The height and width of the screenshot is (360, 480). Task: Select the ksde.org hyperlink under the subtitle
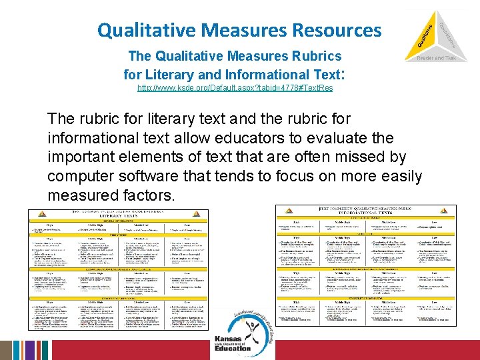click(x=235, y=88)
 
